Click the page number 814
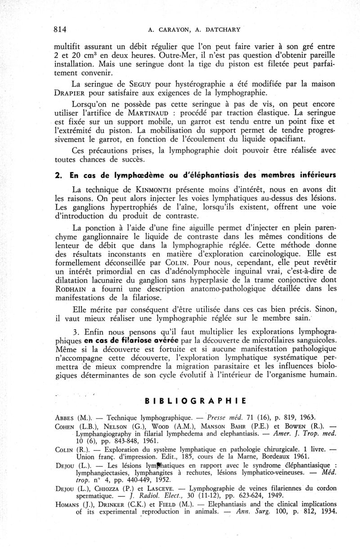pos(60,30)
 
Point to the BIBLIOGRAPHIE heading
pos(195,400)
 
